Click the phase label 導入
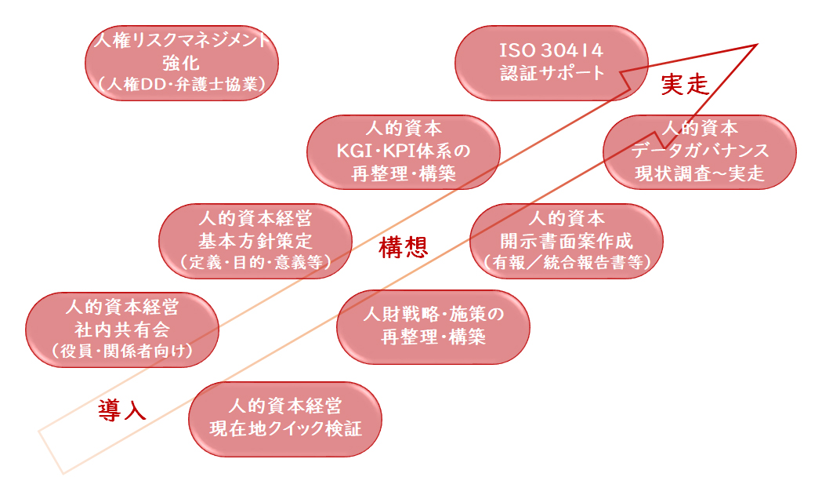click(x=122, y=410)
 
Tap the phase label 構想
click(x=403, y=246)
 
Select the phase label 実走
click(x=685, y=84)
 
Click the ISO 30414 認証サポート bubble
click(x=552, y=63)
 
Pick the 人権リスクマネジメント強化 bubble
click(x=181, y=63)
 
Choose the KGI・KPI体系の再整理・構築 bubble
click(x=403, y=152)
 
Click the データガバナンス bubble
click(x=699, y=152)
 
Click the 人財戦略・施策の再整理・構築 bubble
click(x=433, y=327)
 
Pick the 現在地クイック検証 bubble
click(x=285, y=419)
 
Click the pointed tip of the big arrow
click(x=758, y=46)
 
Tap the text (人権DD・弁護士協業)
click(x=181, y=84)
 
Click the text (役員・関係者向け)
click(x=122, y=351)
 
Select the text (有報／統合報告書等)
click(x=567, y=262)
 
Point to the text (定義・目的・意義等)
click(x=255, y=262)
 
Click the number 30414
click(x=572, y=51)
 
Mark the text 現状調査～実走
click(x=699, y=173)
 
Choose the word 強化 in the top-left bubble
click(x=181, y=63)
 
